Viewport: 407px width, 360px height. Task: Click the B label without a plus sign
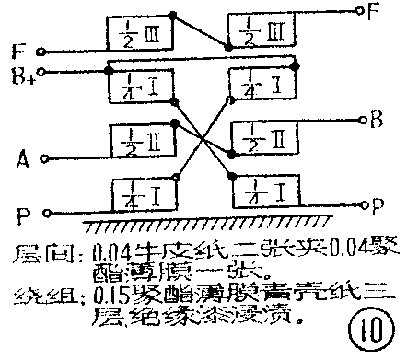tap(376, 118)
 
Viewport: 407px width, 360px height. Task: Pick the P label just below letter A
tap(21, 217)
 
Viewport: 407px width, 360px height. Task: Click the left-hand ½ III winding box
tap(135, 35)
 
